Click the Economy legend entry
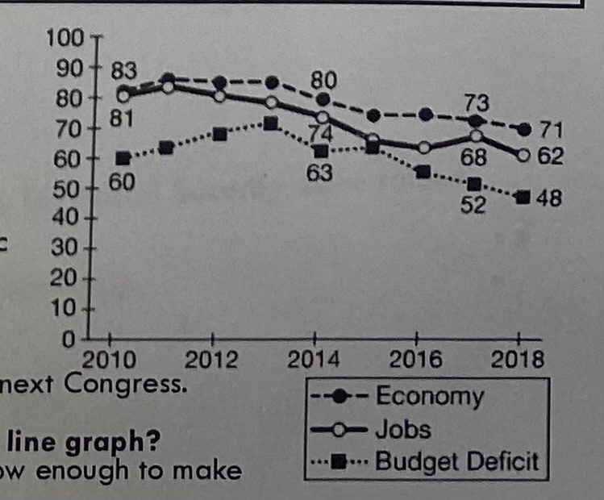click(429, 398)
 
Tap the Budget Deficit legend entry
click(456, 461)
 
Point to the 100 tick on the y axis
click(63, 37)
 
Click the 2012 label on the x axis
click(212, 359)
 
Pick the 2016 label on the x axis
click(417, 359)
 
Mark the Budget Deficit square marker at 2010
click(123, 158)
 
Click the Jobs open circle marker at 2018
click(523, 154)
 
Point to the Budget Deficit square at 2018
click(523, 197)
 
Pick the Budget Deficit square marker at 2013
click(270, 123)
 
